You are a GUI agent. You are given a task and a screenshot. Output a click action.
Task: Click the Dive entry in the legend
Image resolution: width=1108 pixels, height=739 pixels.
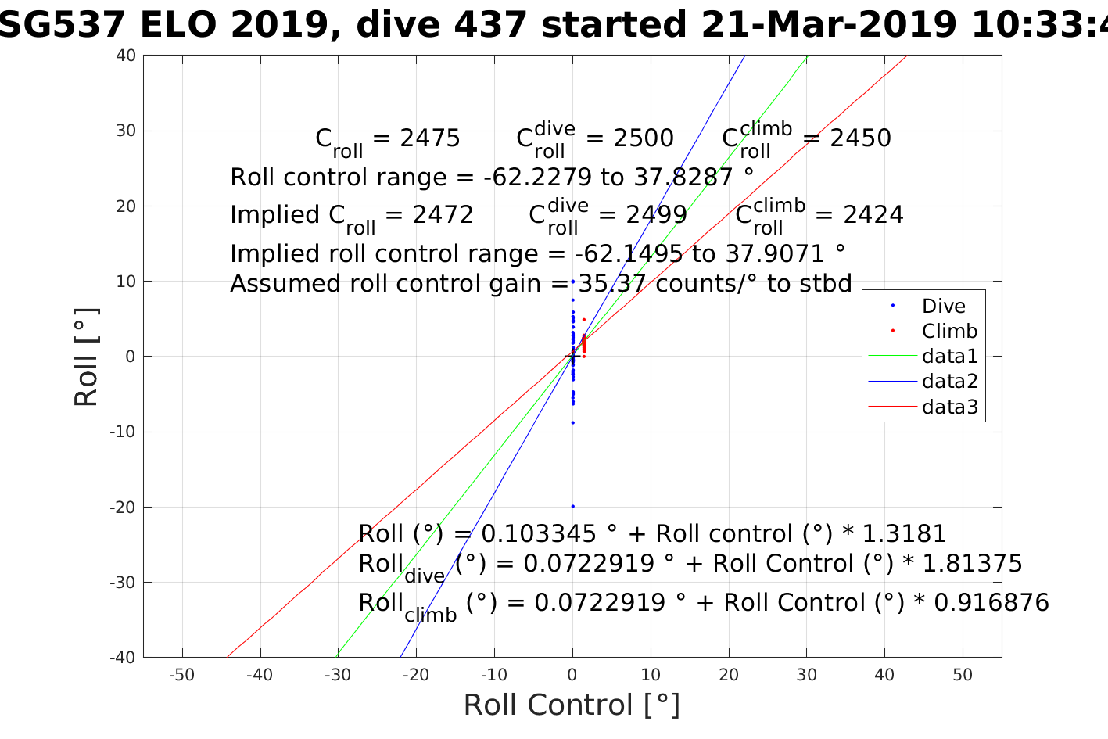point(943,307)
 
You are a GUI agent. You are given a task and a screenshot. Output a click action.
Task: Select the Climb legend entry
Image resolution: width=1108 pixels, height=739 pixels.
point(949,332)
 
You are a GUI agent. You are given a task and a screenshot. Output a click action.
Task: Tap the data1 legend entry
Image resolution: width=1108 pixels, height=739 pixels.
point(949,357)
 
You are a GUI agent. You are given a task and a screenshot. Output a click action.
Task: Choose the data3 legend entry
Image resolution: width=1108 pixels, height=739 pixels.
point(949,407)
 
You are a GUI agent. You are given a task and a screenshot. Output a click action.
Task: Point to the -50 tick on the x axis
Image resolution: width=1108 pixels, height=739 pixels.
point(182,675)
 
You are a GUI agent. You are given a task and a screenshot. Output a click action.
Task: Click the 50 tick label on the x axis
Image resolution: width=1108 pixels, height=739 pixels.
point(963,675)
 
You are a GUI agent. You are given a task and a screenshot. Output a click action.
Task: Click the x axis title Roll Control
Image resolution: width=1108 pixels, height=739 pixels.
point(572,705)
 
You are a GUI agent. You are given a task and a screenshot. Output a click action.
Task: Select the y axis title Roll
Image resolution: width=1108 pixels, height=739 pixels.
point(86,357)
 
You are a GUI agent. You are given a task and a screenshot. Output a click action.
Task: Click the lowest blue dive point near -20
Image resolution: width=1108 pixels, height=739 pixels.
point(572,506)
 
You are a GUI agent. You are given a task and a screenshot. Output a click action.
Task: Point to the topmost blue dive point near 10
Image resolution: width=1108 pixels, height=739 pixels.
point(572,282)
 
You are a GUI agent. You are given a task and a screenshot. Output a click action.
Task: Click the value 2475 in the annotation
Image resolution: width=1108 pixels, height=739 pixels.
point(430,138)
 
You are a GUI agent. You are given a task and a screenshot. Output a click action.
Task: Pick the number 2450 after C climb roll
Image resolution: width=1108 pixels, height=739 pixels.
point(860,138)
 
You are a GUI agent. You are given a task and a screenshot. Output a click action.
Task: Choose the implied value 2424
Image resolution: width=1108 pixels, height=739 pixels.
point(873,215)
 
